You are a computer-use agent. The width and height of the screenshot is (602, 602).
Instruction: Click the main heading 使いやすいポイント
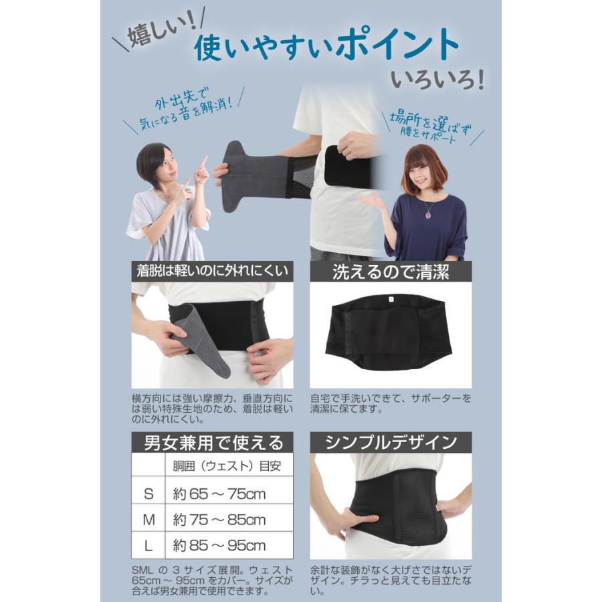pos(327,47)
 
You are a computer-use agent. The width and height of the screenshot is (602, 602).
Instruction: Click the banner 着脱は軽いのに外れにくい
pos(213,271)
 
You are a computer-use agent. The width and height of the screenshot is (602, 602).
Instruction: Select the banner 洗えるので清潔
pos(391,272)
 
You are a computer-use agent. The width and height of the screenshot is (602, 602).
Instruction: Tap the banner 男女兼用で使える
pos(213,442)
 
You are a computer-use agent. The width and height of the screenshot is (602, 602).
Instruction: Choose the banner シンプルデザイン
pos(391,442)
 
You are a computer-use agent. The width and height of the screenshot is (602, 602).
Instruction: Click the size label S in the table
pos(148,494)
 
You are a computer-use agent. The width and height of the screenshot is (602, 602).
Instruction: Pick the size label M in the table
pos(148,520)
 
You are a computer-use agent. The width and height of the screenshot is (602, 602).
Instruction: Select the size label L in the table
pos(148,545)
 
